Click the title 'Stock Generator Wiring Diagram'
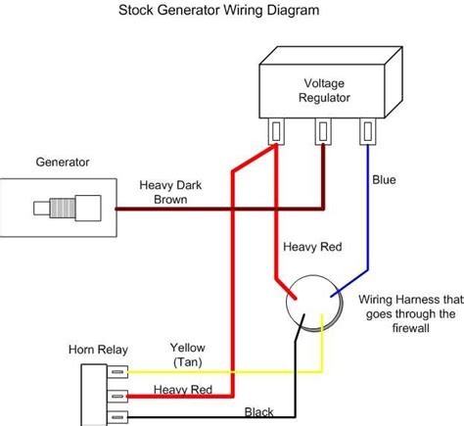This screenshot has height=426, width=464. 231,12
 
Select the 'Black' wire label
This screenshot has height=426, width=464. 259,412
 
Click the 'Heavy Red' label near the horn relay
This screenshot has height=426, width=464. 183,389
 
